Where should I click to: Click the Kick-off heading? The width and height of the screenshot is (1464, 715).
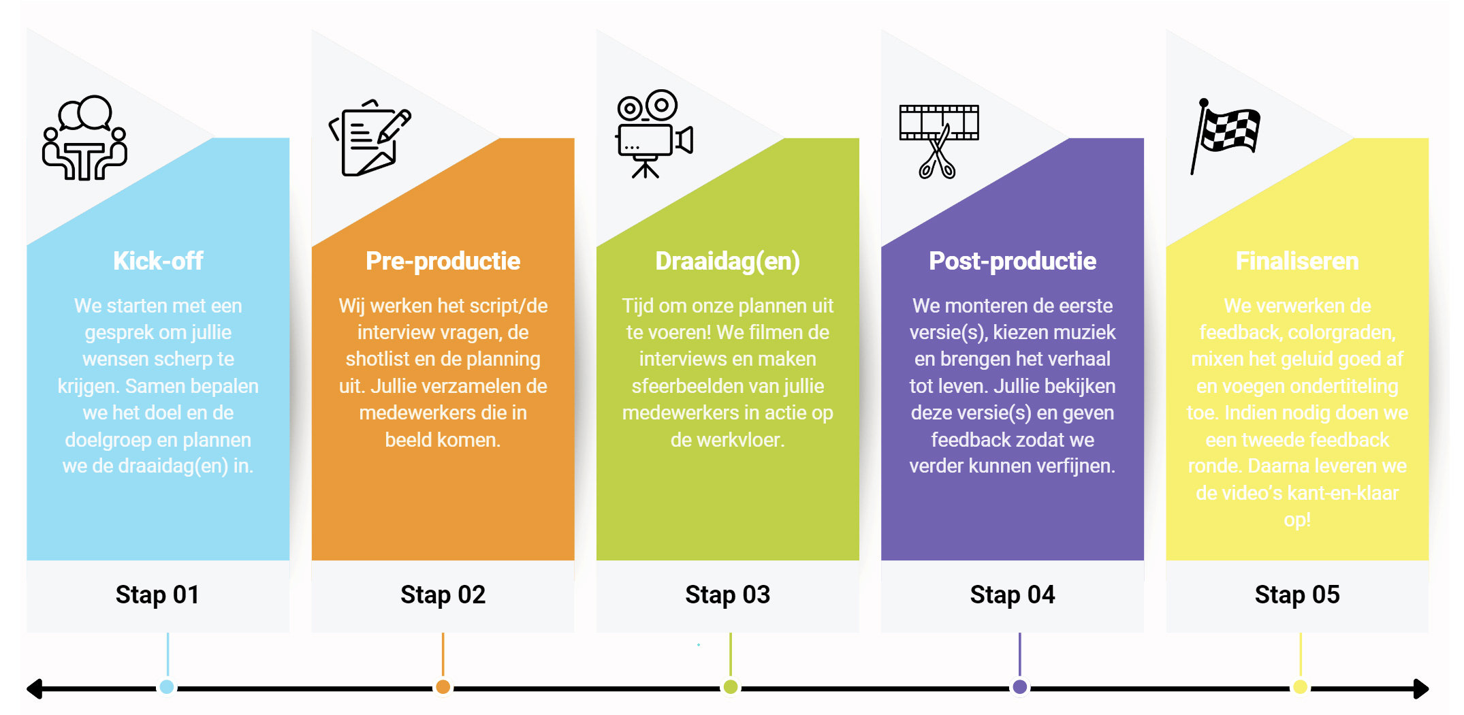point(158,261)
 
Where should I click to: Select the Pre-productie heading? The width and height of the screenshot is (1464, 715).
point(443,261)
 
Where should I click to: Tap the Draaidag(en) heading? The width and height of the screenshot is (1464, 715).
point(727,261)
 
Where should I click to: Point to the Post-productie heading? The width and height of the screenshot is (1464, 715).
point(1013,261)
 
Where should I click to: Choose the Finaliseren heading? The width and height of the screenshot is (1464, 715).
point(1297,261)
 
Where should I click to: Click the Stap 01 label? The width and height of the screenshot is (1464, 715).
point(157,594)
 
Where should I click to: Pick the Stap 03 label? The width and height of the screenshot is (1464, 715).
point(727,594)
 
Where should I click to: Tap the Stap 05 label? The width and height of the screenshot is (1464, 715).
point(1297,594)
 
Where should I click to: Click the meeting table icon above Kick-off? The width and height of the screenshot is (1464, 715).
point(84,138)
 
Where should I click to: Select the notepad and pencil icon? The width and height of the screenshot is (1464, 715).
point(370,138)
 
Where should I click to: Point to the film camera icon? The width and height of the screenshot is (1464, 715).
point(654,134)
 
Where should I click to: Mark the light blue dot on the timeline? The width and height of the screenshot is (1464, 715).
point(167,686)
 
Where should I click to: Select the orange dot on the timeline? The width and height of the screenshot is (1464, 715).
point(443,686)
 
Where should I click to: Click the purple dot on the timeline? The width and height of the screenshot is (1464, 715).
point(1019,686)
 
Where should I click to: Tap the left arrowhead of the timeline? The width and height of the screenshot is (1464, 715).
point(34,688)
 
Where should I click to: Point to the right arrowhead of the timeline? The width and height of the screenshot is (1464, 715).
point(1421,688)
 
